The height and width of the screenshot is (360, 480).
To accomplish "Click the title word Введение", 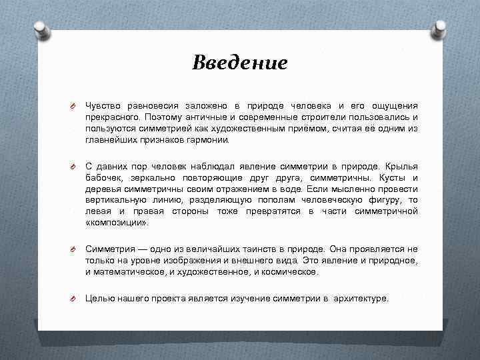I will [x=240, y=63].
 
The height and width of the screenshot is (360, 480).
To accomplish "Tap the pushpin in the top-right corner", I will [x=440, y=29].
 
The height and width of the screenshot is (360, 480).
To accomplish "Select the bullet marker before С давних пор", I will [x=76, y=165].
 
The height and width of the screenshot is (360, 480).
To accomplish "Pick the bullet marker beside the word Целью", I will [x=76, y=299].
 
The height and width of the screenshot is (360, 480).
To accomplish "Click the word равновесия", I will [x=150, y=105].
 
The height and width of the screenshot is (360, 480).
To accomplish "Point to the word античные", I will [x=191, y=117].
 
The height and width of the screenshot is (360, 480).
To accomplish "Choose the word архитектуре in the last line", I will [x=361, y=299].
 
